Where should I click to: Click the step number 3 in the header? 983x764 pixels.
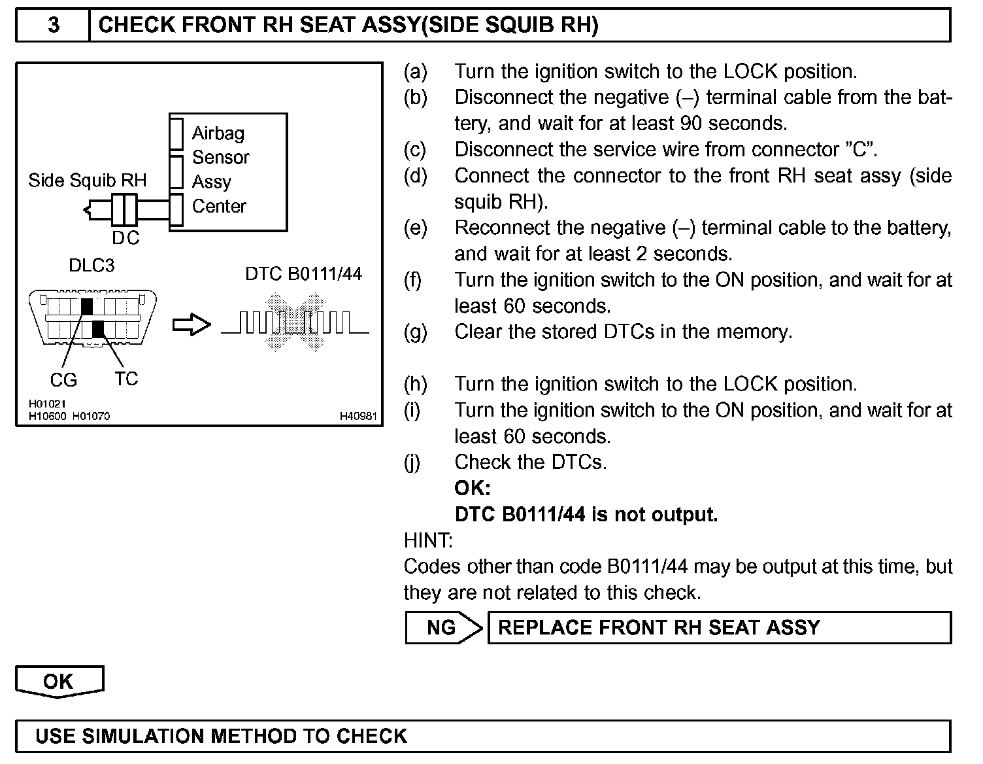pos(54,26)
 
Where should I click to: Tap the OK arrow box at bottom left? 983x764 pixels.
pos(59,682)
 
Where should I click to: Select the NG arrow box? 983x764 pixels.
pos(442,628)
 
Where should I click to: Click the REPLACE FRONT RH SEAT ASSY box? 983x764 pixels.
pos(719,628)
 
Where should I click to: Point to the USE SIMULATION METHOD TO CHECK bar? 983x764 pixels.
pos(483,737)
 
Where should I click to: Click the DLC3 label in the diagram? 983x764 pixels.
pos(92,266)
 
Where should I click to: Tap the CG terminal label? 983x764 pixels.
pos(63,380)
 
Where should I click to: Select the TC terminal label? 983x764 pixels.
pos(126,379)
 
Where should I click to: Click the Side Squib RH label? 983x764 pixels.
pos(87,181)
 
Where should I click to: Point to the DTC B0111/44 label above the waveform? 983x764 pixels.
pos(303,273)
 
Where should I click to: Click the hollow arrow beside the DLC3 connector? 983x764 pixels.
pos(192,325)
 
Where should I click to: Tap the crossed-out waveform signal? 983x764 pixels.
pos(295,322)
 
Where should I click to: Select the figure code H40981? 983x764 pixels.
pos(358,416)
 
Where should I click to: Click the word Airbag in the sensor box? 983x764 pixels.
pos(218,133)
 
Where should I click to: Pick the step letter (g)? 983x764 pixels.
pos(415,332)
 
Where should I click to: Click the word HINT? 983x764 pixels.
pos(428,541)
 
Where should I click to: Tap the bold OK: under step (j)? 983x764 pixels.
pos(473,489)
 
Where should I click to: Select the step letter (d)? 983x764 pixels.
pos(415,176)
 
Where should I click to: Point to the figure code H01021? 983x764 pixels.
pos(47,405)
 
